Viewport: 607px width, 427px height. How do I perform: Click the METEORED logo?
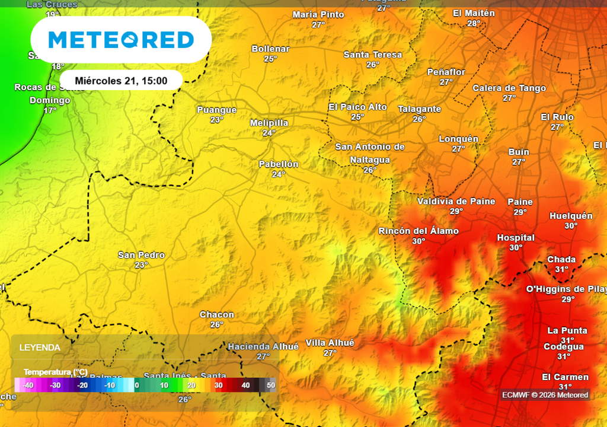tap(121, 40)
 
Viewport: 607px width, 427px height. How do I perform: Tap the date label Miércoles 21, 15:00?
tap(121, 81)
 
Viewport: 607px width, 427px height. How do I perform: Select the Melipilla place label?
tap(269, 123)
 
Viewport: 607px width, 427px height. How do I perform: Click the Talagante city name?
tap(419, 109)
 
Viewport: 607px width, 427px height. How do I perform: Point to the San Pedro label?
tap(141, 255)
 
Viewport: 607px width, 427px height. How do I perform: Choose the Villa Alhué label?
tap(330, 343)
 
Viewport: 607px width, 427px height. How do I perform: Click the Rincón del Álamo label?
tap(418, 231)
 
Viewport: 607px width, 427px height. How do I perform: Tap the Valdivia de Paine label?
tap(456, 201)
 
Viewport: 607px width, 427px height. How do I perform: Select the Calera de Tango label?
tap(509, 88)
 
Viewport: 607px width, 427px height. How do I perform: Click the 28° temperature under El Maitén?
tap(474, 23)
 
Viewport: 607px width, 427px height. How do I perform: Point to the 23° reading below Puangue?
tap(217, 120)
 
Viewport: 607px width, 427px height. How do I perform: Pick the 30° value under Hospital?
tap(516, 248)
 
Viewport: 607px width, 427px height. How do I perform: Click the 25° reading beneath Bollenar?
tap(270, 59)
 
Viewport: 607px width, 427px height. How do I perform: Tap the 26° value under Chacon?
tap(217, 324)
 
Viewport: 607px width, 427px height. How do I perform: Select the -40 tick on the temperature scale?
tap(27, 385)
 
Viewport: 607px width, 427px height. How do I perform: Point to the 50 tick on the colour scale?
tap(271, 385)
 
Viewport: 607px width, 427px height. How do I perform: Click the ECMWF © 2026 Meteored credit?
tap(545, 395)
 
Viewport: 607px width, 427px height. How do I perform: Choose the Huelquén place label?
tap(571, 216)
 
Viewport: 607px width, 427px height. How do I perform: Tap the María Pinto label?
tap(318, 14)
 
